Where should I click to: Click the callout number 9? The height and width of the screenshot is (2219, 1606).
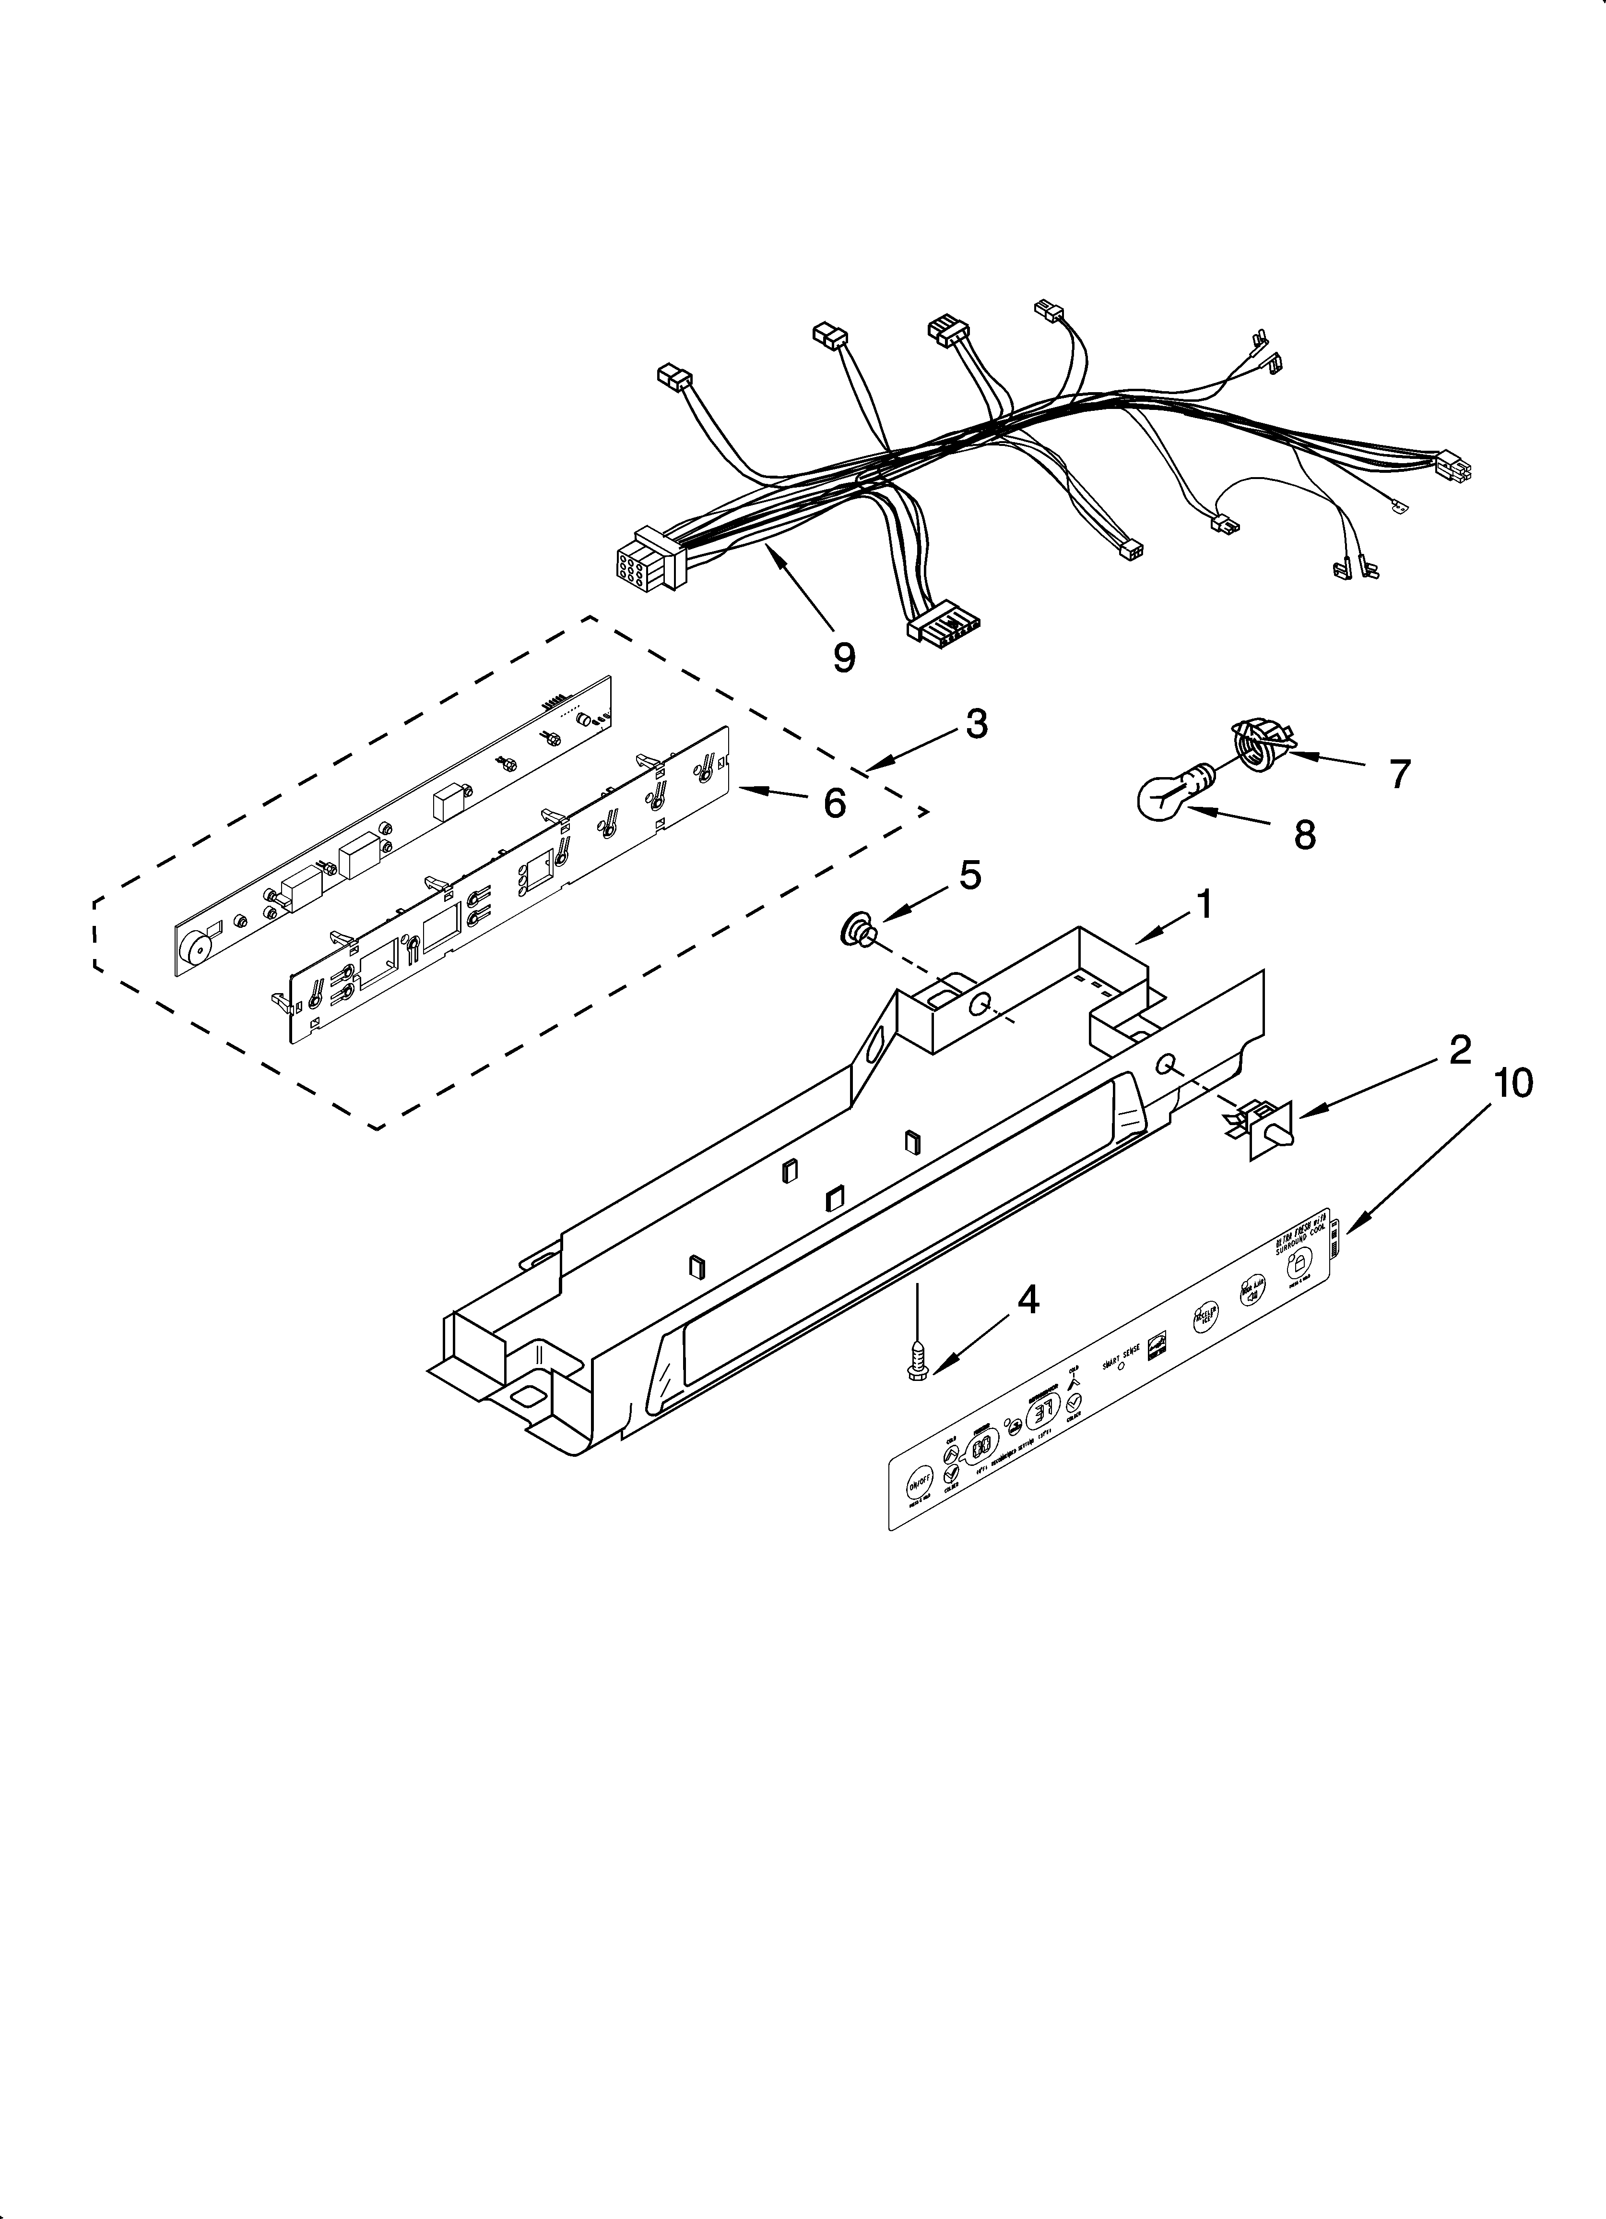coord(843,657)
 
